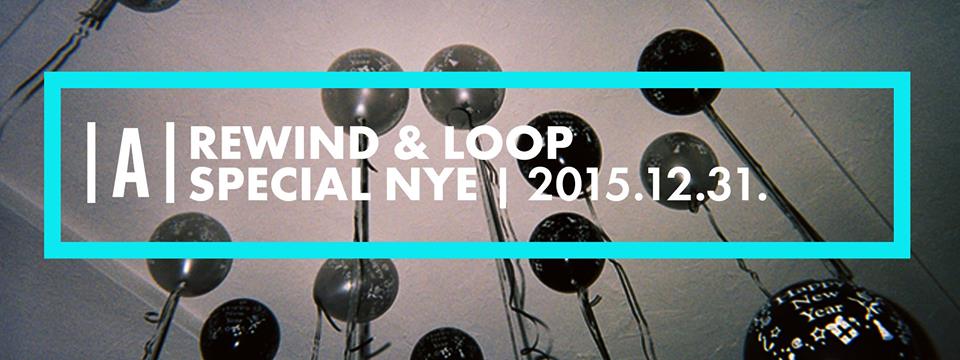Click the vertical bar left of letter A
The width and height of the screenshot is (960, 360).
[91, 162]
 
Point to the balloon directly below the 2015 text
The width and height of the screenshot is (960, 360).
[567, 252]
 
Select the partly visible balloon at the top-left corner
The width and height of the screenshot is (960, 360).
[149, 5]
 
